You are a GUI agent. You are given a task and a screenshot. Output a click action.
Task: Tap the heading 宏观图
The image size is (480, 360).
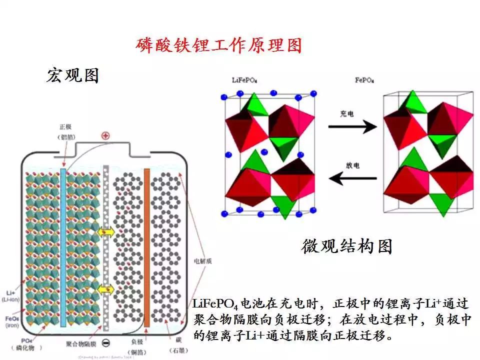click(72, 75)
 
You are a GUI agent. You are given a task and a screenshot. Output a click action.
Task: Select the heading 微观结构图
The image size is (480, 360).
click(347, 246)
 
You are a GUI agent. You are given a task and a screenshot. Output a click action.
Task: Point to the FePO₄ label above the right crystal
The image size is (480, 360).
click(364, 80)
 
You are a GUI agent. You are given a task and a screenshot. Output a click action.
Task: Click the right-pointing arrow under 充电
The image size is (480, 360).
click(352, 127)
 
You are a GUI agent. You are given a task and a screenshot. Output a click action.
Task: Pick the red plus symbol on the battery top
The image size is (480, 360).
click(105, 135)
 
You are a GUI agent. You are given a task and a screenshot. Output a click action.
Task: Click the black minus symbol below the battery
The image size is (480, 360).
click(105, 343)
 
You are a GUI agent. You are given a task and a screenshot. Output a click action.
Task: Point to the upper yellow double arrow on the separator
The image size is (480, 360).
click(105, 232)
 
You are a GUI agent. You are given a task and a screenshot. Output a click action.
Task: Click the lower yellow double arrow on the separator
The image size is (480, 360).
click(105, 289)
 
